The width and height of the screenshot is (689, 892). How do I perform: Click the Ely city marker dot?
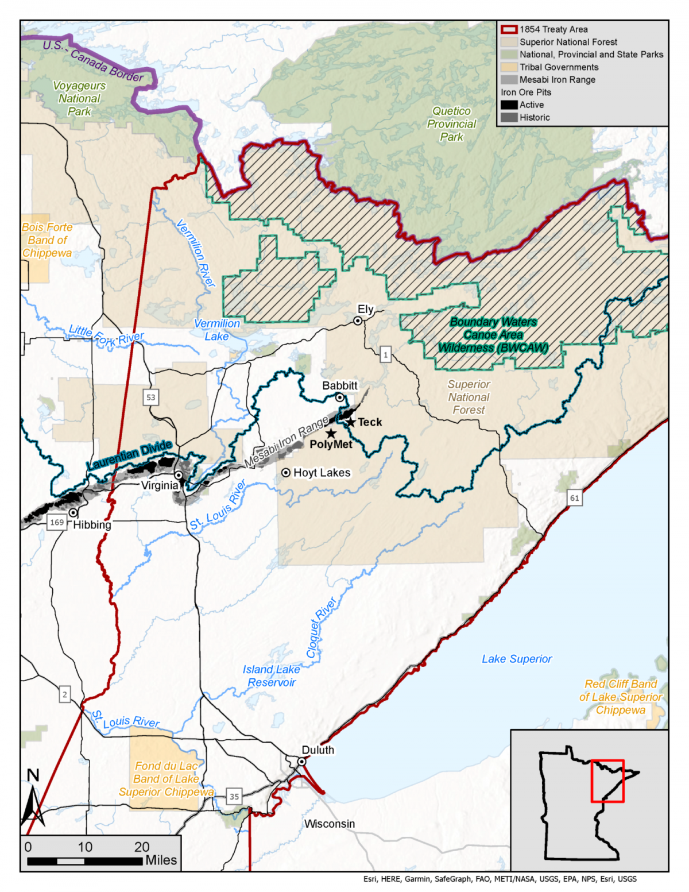(358, 321)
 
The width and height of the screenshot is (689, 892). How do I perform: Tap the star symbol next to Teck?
(351, 422)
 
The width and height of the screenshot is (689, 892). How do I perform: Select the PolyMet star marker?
(331, 433)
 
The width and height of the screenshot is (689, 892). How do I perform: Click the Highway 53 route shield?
(150, 397)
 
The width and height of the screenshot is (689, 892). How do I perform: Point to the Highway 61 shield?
(574, 498)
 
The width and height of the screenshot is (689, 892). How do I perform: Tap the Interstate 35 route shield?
(234, 797)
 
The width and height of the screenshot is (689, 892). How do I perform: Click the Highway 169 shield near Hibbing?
(57, 522)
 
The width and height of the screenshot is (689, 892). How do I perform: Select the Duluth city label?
(318, 750)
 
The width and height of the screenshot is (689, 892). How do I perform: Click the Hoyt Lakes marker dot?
(285, 473)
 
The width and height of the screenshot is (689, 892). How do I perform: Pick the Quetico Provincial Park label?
(451, 123)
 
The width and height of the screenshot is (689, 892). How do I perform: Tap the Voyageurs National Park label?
(79, 98)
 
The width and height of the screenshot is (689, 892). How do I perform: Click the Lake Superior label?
(517, 659)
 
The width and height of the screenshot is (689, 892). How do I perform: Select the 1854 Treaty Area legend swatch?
(509, 29)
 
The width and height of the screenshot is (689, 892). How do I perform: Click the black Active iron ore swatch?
(509, 105)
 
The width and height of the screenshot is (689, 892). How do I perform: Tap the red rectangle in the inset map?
(607, 781)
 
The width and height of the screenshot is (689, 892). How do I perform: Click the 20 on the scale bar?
(142, 847)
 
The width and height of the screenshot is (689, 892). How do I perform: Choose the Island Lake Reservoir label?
(271, 676)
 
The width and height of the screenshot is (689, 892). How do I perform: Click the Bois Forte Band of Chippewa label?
(47, 240)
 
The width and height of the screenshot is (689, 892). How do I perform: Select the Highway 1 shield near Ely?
(385, 355)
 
